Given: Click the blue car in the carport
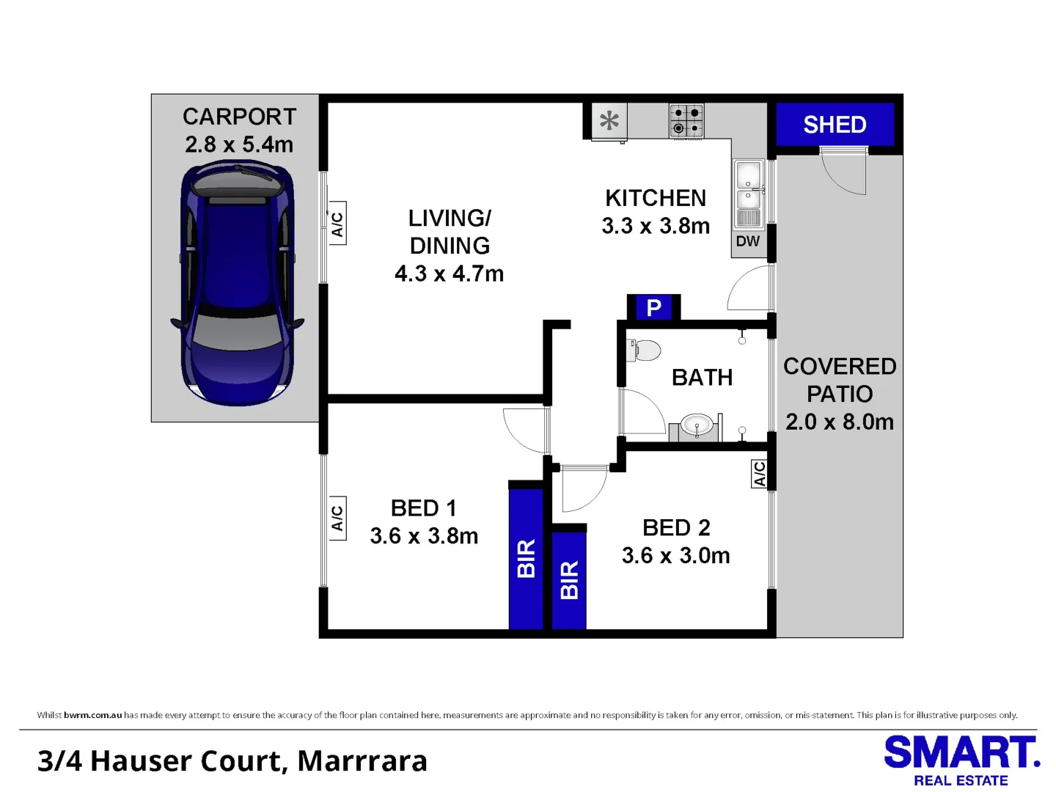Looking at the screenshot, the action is (x=237, y=284).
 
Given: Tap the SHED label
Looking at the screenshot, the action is (x=835, y=125).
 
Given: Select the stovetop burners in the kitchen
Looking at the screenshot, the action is (x=686, y=120).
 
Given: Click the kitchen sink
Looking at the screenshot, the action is (x=748, y=194).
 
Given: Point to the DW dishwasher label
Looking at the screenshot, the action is (x=748, y=241).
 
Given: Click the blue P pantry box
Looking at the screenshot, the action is (x=653, y=307).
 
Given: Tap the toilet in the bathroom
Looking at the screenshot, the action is (x=645, y=350).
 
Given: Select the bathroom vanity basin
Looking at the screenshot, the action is (x=697, y=425).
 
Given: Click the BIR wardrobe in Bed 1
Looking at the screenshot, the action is (x=527, y=559).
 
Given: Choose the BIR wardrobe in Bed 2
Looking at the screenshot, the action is (x=569, y=580).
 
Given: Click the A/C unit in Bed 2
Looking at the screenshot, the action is (x=759, y=474).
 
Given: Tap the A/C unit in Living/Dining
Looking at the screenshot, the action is (x=338, y=224).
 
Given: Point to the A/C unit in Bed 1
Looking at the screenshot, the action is (x=338, y=518).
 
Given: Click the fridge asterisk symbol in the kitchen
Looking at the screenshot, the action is (x=609, y=121).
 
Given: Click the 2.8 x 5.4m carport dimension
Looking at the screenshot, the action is (x=239, y=144).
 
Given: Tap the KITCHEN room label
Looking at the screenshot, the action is (x=656, y=198).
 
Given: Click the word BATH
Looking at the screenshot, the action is (x=702, y=378).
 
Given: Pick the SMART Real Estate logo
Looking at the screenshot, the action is (x=961, y=761).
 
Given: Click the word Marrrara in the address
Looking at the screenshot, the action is (x=362, y=761).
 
